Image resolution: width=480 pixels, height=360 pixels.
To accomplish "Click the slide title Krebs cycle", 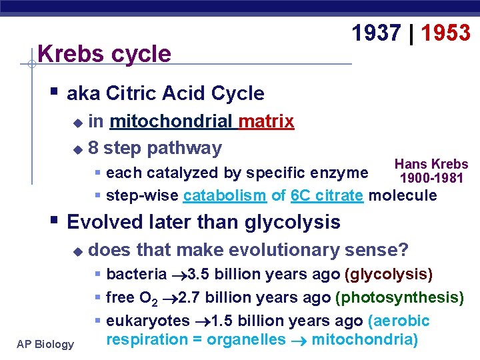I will tap(105, 53).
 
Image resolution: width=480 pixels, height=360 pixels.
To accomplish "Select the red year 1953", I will tap(445, 33).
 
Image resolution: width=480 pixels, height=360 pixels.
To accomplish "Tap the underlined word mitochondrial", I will tap(171, 121).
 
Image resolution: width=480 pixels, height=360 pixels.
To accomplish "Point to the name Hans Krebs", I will tap(431, 164).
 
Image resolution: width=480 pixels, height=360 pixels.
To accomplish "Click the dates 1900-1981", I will tap(431, 178).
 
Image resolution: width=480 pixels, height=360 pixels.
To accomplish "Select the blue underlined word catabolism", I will tap(225, 196).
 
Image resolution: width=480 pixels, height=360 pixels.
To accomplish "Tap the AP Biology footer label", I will tap(45, 344).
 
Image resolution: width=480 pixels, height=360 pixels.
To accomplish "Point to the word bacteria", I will tap(136, 274).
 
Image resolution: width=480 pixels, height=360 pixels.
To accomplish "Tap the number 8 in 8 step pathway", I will tap(94, 147).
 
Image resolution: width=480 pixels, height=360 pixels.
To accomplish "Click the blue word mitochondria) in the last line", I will tap(364, 340).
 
